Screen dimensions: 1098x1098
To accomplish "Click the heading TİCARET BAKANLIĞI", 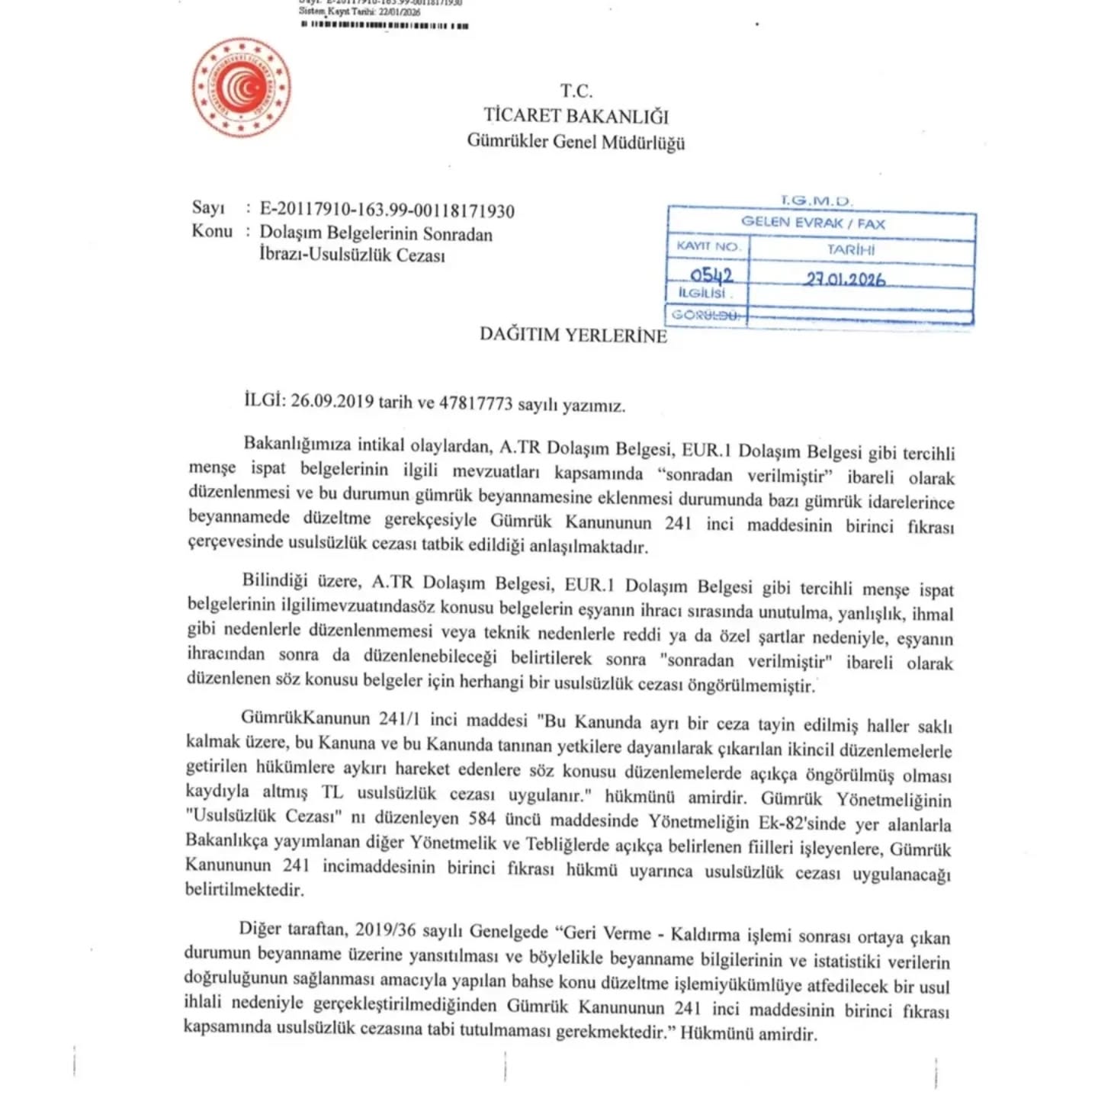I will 576,116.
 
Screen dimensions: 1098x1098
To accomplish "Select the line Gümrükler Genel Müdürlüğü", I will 576,142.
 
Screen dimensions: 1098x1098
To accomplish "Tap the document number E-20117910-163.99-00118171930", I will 387,210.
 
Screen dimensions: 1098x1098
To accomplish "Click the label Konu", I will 212,231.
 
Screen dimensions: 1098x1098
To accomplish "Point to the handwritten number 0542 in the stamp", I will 711,275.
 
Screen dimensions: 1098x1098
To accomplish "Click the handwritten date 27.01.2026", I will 845,279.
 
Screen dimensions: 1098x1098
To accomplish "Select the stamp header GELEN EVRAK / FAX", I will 813,223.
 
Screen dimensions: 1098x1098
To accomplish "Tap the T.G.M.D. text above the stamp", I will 816,201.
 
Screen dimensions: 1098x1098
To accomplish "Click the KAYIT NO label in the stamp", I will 708,246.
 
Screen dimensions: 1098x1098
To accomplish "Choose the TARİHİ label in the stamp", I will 851,249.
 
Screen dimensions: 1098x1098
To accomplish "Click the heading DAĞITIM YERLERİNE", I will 573,335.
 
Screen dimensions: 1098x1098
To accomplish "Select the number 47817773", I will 477,403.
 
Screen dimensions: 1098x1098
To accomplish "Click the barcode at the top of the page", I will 385,25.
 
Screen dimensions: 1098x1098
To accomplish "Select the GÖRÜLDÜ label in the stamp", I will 706,314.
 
